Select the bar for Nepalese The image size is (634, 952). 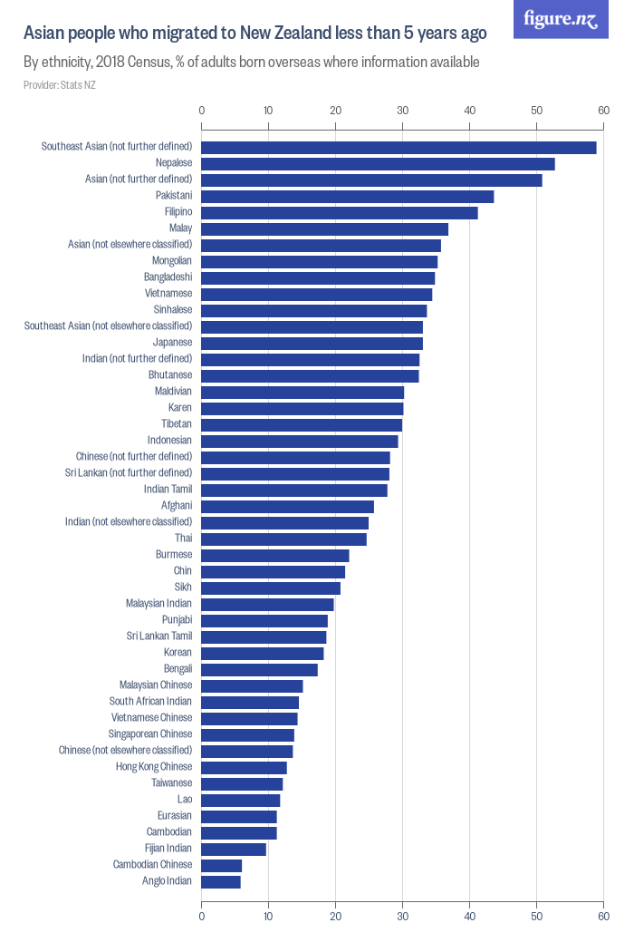[378, 164]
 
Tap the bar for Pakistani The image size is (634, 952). [347, 197]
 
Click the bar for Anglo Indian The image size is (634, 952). [221, 882]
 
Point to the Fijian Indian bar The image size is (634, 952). [234, 850]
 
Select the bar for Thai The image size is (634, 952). [283, 539]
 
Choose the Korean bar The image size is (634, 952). [263, 654]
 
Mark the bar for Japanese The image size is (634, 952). [312, 344]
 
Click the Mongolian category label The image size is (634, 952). [172, 261]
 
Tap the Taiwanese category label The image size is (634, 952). [172, 783]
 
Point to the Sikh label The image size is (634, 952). [183, 588]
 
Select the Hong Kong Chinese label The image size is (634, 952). [154, 767]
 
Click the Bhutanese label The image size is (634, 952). [170, 375]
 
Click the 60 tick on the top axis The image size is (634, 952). [603, 111]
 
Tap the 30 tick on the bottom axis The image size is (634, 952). [402, 917]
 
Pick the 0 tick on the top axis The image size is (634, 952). [201, 111]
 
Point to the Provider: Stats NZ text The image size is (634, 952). [59, 85]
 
